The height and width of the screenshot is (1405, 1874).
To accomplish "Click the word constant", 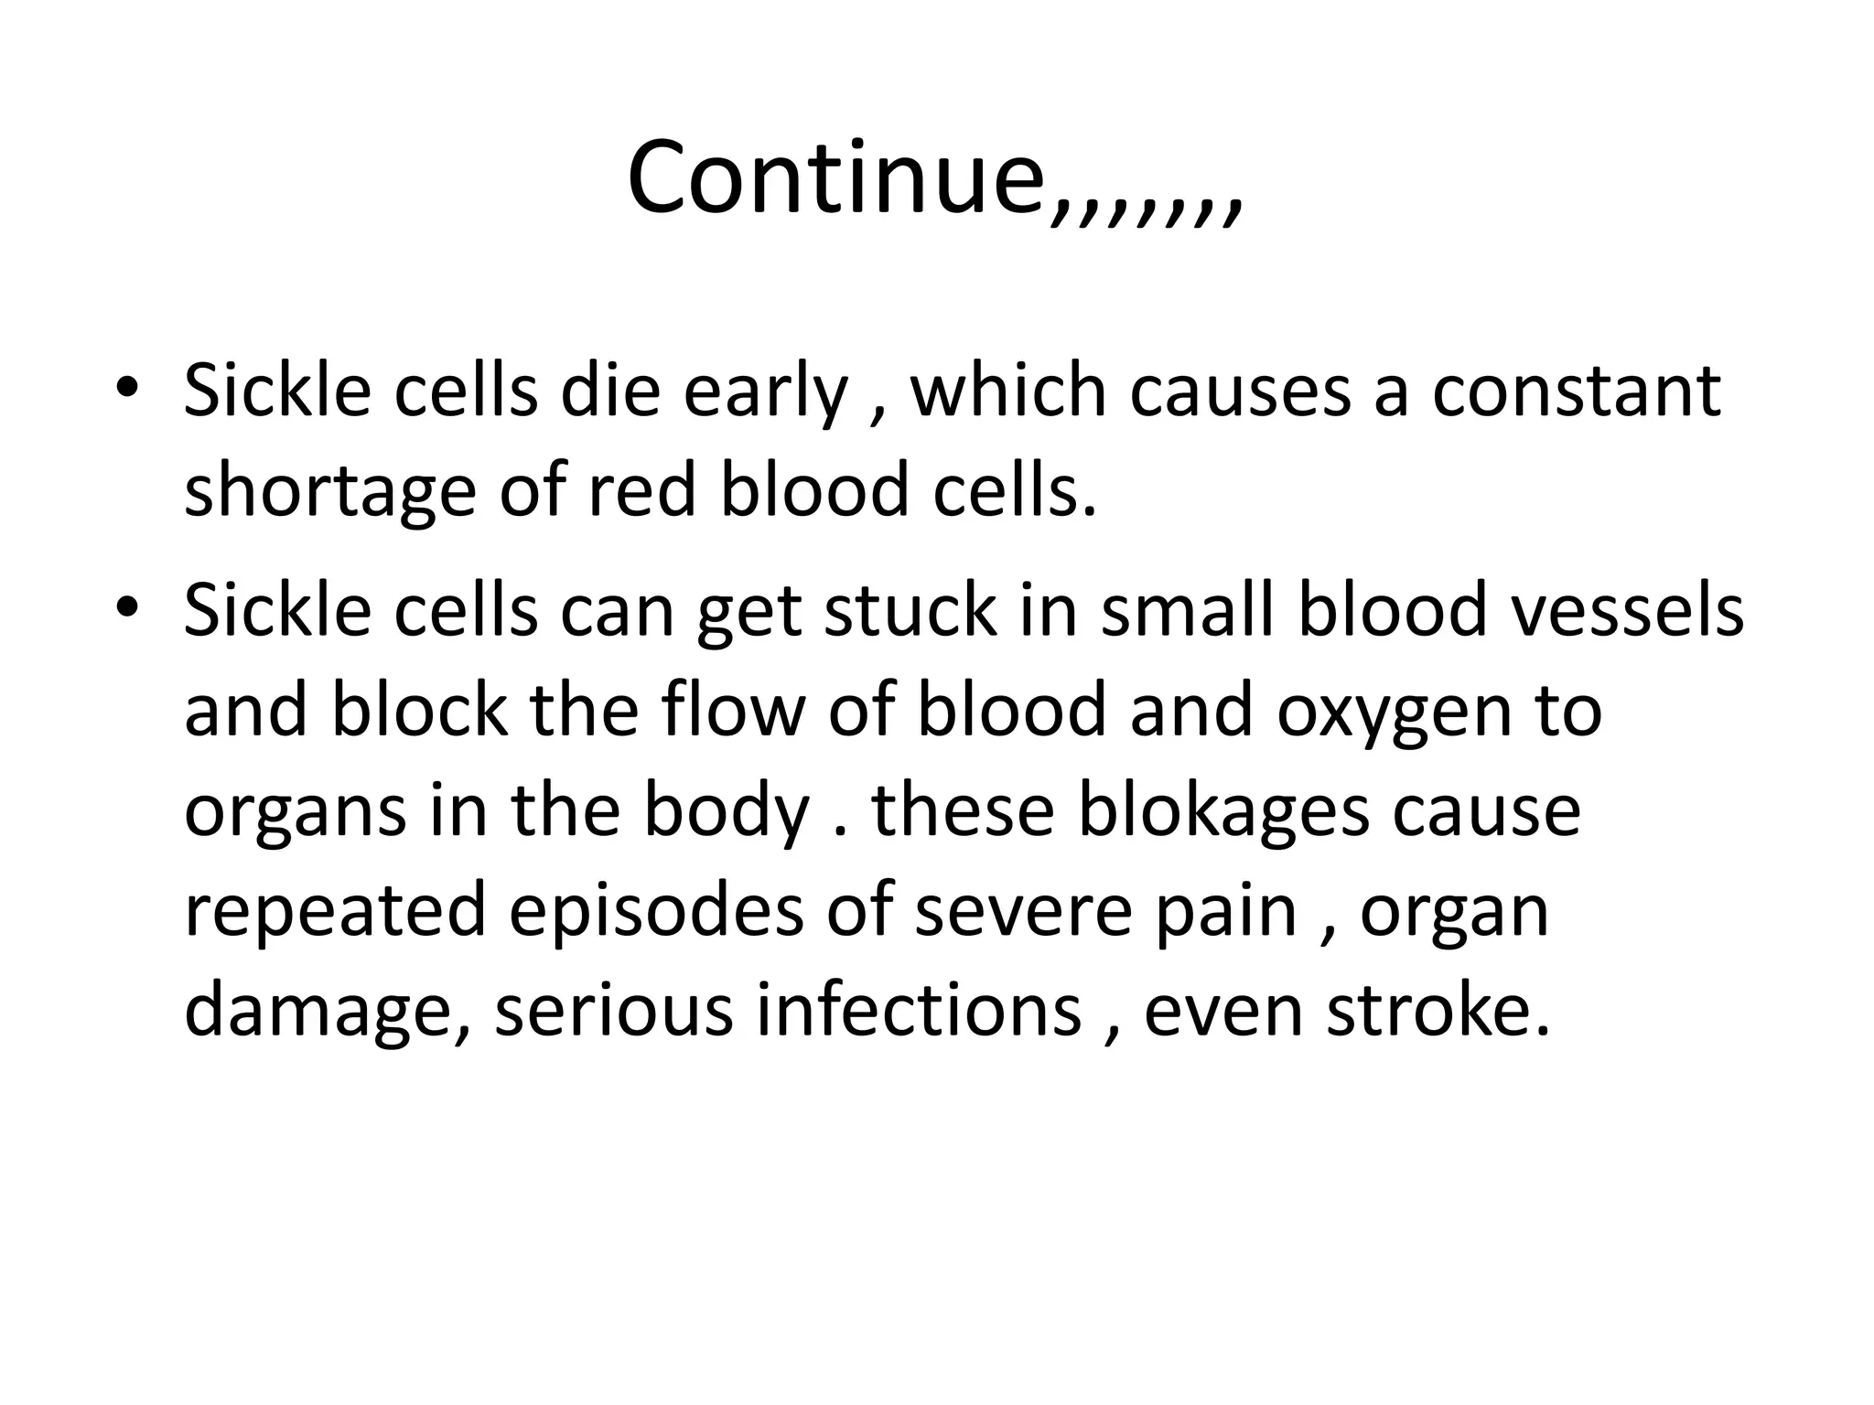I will pyautogui.click(x=1576, y=391).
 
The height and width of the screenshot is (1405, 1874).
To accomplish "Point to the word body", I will pyautogui.click(x=727, y=812).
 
